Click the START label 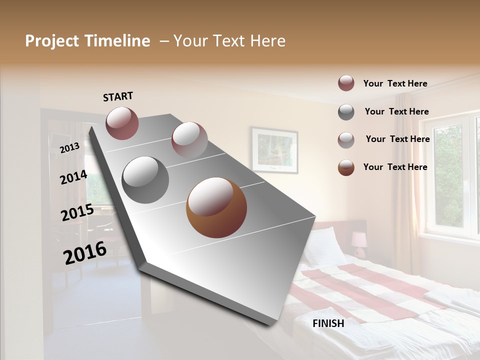[118, 96]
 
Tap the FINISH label [328, 323]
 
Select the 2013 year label [70, 148]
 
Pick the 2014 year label [73, 177]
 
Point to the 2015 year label [77, 213]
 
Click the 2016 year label [85, 253]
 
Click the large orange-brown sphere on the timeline [216, 207]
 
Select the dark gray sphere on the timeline [145, 180]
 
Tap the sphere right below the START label [122, 123]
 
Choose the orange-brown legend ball [346, 167]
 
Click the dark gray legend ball [346, 112]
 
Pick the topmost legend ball [346, 83]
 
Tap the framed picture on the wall [274, 149]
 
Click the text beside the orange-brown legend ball [395, 167]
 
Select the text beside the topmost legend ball [395, 83]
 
